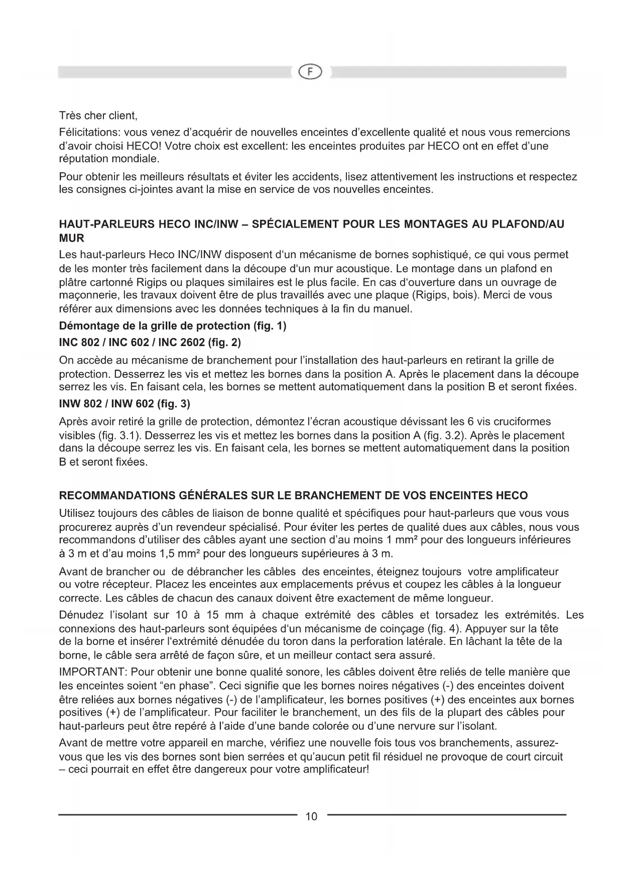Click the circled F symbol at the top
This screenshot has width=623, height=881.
311,72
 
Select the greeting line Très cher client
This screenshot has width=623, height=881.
98,116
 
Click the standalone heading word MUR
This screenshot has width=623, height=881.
71,238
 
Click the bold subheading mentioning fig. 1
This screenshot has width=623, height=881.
172,326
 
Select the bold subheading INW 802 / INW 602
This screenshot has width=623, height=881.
124,404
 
